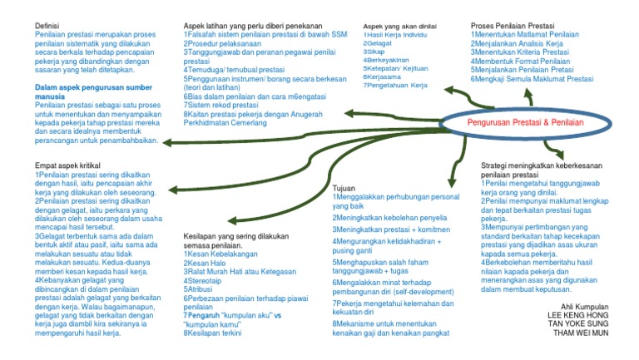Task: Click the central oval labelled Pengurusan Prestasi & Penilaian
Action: tap(524, 123)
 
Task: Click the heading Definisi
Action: tap(48, 27)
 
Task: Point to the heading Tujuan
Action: tap(344, 188)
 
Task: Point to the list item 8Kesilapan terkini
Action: tap(212, 333)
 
